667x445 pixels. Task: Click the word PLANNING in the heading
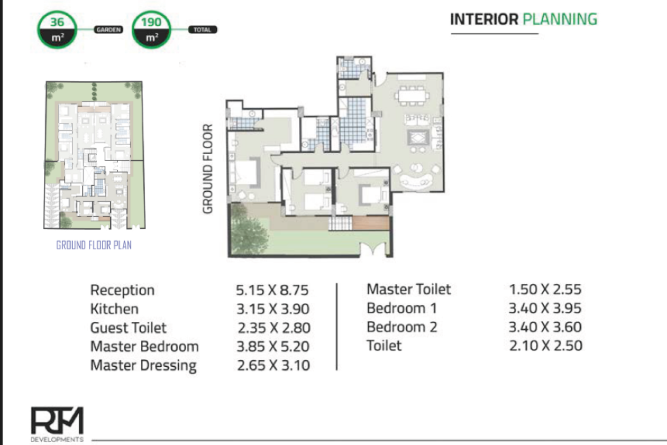(560, 19)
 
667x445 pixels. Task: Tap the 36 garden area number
(57, 22)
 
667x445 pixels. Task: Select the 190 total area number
(151, 22)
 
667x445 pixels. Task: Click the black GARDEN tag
(108, 30)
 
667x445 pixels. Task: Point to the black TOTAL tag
(202, 30)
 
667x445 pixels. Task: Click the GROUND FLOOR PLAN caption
(94, 245)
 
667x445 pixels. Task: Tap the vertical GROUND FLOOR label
(208, 169)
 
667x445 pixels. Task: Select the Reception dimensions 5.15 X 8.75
(272, 290)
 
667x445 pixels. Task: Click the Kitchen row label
(114, 309)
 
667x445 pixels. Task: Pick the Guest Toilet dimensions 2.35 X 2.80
(274, 328)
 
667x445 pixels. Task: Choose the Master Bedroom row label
(145, 346)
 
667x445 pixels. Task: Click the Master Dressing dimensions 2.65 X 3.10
(273, 365)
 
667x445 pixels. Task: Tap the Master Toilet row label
(409, 289)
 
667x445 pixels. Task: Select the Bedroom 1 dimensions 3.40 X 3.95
(545, 308)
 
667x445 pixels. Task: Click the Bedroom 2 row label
(402, 327)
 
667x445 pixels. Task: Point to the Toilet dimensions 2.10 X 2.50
(546, 346)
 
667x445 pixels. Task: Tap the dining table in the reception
(412, 96)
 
